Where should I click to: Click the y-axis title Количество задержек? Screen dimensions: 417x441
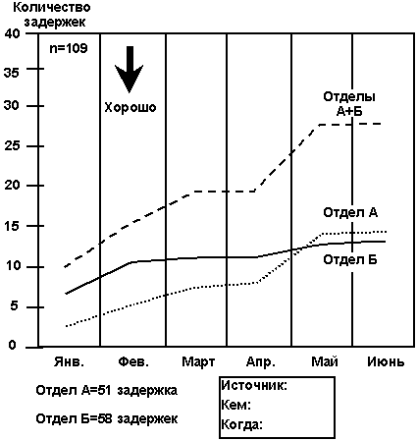(x=53, y=15)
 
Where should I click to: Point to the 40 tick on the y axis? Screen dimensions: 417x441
(x=13, y=34)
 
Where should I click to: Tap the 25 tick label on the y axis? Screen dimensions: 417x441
(x=13, y=146)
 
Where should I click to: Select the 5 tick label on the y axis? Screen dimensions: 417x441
(x=13, y=307)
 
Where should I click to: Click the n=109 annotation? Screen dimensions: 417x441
(x=69, y=48)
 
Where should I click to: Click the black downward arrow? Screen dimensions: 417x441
(x=130, y=69)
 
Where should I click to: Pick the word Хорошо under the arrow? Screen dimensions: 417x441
(x=130, y=107)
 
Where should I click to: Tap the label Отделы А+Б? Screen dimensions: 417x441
(x=349, y=104)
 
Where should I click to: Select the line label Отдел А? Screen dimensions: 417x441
(x=350, y=213)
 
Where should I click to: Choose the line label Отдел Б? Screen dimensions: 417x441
(x=350, y=260)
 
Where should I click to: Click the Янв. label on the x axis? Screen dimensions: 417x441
(x=69, y=361)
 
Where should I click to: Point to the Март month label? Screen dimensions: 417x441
(x=198, y=361)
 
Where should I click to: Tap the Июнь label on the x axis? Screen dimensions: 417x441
(x=386, y=361)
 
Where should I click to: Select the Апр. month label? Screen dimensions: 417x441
(x=261, y=361)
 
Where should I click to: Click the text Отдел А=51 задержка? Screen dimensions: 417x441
(x=107, y=390)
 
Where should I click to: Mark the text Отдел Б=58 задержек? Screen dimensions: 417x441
(x=107, y=418)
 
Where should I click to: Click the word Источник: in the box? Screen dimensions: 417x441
(x=254, y=385)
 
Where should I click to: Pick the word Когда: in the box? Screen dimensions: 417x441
(x=242, y=425)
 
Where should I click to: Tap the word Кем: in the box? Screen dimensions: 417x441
(x=236, y=406)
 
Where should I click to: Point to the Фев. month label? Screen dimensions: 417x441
(x=133, y=361)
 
